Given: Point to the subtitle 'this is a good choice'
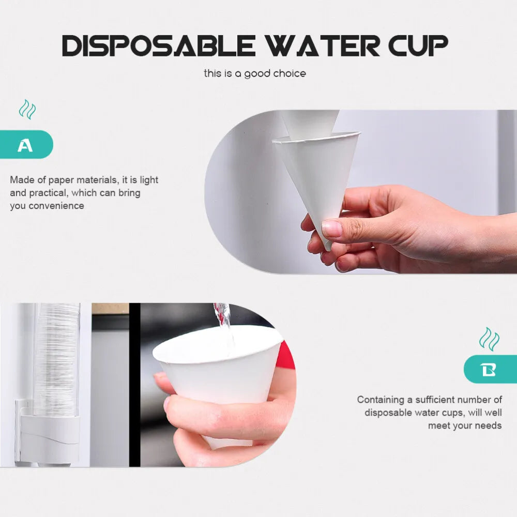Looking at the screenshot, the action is point(255,73).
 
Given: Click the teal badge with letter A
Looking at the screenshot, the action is point(26,144).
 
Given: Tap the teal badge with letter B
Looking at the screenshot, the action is point(490,369).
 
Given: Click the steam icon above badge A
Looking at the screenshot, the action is point(27,109).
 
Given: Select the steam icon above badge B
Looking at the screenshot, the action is point(489,339).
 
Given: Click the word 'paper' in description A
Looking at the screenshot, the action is point(61,180).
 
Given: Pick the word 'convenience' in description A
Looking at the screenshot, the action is point(56,206).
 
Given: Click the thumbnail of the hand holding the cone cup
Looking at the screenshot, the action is point(361,192).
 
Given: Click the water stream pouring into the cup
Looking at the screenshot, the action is point(225,326).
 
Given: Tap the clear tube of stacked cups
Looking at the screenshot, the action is point(56,359).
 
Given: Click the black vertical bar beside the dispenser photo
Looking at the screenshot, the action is point(134,385).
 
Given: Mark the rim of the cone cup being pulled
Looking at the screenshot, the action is point(316,137).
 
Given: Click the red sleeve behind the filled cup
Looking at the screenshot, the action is point(285,356).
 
